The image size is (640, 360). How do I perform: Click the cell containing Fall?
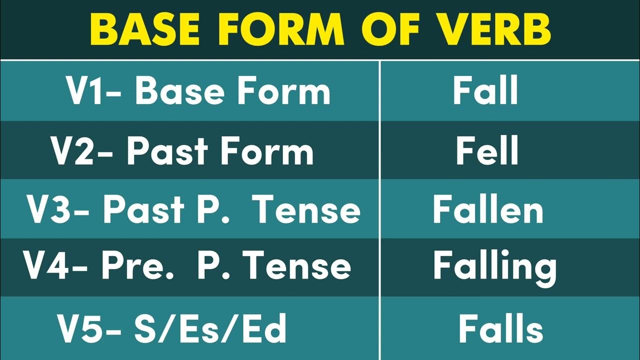[485, 91]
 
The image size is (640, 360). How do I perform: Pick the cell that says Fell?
[486, 151]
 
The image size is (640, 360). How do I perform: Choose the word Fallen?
[487, 210]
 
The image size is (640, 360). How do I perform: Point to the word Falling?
[494, 267]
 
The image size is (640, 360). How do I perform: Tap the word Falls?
[500, 329]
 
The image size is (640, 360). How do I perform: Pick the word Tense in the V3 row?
[307, 210]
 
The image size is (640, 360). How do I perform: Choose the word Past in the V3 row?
[143, 210]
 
